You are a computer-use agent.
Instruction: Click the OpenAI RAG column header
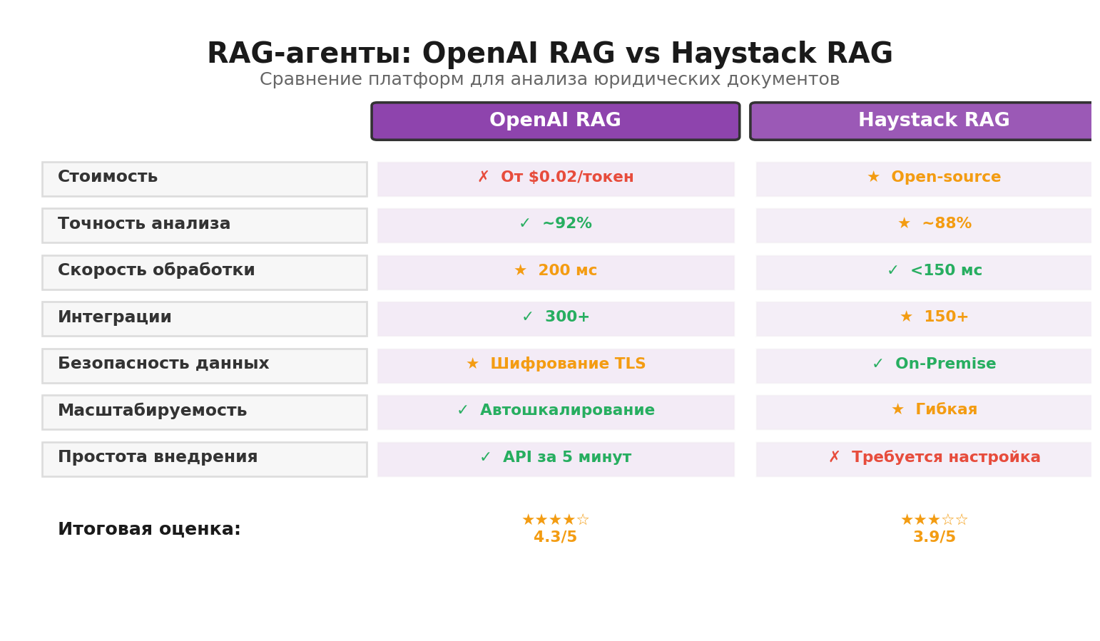[555, 121]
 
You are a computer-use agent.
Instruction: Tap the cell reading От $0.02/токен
[556, 178]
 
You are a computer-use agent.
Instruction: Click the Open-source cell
[934, 178]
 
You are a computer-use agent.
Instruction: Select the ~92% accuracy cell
[556, 225]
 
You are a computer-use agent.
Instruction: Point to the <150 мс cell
[934, 272]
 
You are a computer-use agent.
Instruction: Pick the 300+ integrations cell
[556, 318]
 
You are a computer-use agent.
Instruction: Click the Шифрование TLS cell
[556, 365]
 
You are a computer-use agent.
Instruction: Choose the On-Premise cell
[934, 365]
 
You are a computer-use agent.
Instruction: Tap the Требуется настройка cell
[934, 458]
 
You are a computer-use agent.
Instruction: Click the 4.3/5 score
[555, 538]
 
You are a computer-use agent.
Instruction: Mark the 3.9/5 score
[934, 538]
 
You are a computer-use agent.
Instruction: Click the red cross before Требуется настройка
[834, 458]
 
